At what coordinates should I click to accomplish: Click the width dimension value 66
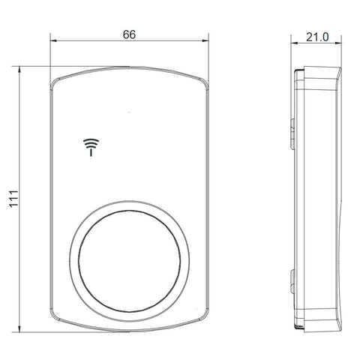coord(129,34)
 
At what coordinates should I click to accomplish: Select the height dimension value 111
coord(13,199)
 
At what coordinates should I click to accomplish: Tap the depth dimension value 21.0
coord(317,37)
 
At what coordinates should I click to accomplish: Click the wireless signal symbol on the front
coord(91,148)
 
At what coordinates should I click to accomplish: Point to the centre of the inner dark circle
coord(129,261)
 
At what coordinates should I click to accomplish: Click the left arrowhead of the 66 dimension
coord(53,40)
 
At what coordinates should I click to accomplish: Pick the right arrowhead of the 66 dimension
coord(205,40)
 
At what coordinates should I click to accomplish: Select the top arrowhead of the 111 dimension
coord(19,70)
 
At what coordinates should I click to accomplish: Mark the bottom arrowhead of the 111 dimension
coord(19,328)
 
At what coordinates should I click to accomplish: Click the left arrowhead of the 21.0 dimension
coord(294,43)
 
